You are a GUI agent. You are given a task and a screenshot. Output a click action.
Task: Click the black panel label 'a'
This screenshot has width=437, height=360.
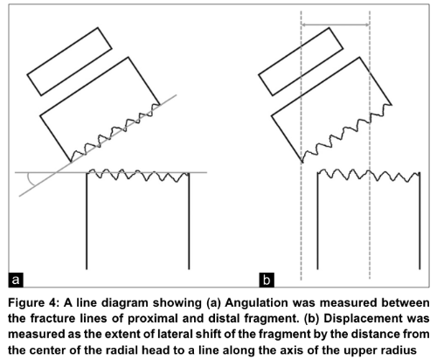16,280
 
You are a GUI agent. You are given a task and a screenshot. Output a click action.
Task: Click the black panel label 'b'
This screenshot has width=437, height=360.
267,280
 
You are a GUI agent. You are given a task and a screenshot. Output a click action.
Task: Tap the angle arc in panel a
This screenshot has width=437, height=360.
30,179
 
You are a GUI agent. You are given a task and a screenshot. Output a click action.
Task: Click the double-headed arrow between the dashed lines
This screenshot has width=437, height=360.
336,25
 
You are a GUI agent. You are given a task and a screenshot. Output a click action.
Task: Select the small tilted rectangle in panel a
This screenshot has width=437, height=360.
69,61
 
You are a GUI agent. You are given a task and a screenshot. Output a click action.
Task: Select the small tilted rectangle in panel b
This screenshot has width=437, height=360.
301,61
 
